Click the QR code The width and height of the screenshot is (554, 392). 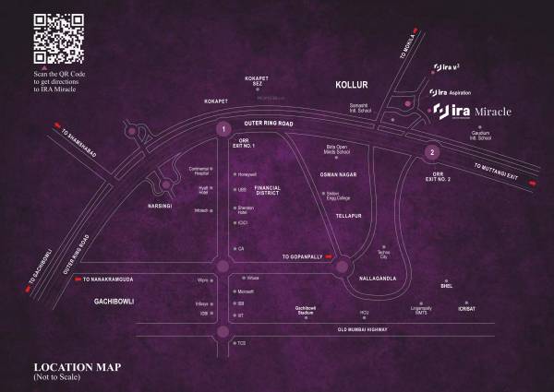click(57, 40)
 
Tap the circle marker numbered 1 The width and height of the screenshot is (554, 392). click(223, 130)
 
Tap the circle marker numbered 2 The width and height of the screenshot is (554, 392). click(430, 151)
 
